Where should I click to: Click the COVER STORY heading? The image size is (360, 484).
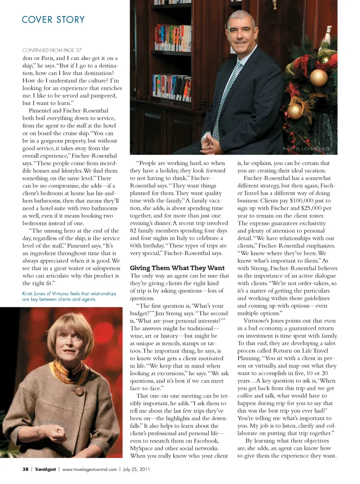53,20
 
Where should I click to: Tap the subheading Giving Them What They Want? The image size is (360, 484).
177,268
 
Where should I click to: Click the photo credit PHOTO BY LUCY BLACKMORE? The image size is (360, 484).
307,149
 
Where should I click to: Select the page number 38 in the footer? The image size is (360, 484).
25,469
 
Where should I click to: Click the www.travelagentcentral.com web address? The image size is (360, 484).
89,469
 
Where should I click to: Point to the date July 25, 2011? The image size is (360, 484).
136,469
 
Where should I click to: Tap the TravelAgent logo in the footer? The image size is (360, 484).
45,469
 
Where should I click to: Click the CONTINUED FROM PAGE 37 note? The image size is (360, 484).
52,50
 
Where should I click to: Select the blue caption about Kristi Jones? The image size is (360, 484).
69,296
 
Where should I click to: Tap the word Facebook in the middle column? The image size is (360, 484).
206,441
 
